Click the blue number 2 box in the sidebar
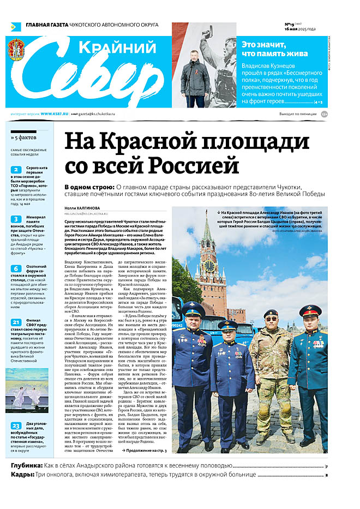[16, 170]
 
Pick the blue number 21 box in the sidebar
[16, 322]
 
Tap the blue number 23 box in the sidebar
[16, 426]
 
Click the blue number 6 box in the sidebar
[16, 268]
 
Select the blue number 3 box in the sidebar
[16, 219]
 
